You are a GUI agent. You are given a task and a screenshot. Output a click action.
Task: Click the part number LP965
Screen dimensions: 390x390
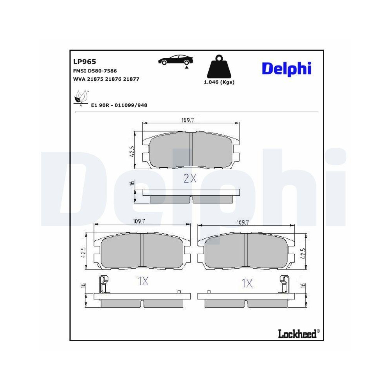click(x=85, y=62)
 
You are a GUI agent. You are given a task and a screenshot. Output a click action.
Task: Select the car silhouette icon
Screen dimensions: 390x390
click(x=175, y=60)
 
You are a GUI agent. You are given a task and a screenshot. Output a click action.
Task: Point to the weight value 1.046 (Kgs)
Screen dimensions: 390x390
click(x=219, y=82)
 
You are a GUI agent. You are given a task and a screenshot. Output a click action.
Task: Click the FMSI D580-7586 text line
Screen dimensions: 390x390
click(x=95, y=71)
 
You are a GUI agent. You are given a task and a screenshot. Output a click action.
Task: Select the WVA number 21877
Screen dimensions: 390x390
click(x=131, y=79)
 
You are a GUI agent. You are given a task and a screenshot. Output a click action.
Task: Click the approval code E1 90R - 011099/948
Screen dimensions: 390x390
click(x=119, y=105)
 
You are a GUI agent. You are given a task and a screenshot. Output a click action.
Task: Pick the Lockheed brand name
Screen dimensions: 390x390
click(x=298, y=333)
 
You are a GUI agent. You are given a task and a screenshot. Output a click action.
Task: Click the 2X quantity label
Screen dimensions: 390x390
click(x=190, y=179)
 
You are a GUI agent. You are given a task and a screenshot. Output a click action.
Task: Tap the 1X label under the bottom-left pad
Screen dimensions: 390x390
click(x=143, y=281)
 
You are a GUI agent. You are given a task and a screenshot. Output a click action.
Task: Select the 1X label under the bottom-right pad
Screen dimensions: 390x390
click(x=247, y=283)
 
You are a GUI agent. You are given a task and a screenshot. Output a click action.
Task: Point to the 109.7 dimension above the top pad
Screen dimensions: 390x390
click(x=188, y=120)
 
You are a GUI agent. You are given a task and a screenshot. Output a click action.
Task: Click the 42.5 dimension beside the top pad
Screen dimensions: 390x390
click(x=133, y=151)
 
